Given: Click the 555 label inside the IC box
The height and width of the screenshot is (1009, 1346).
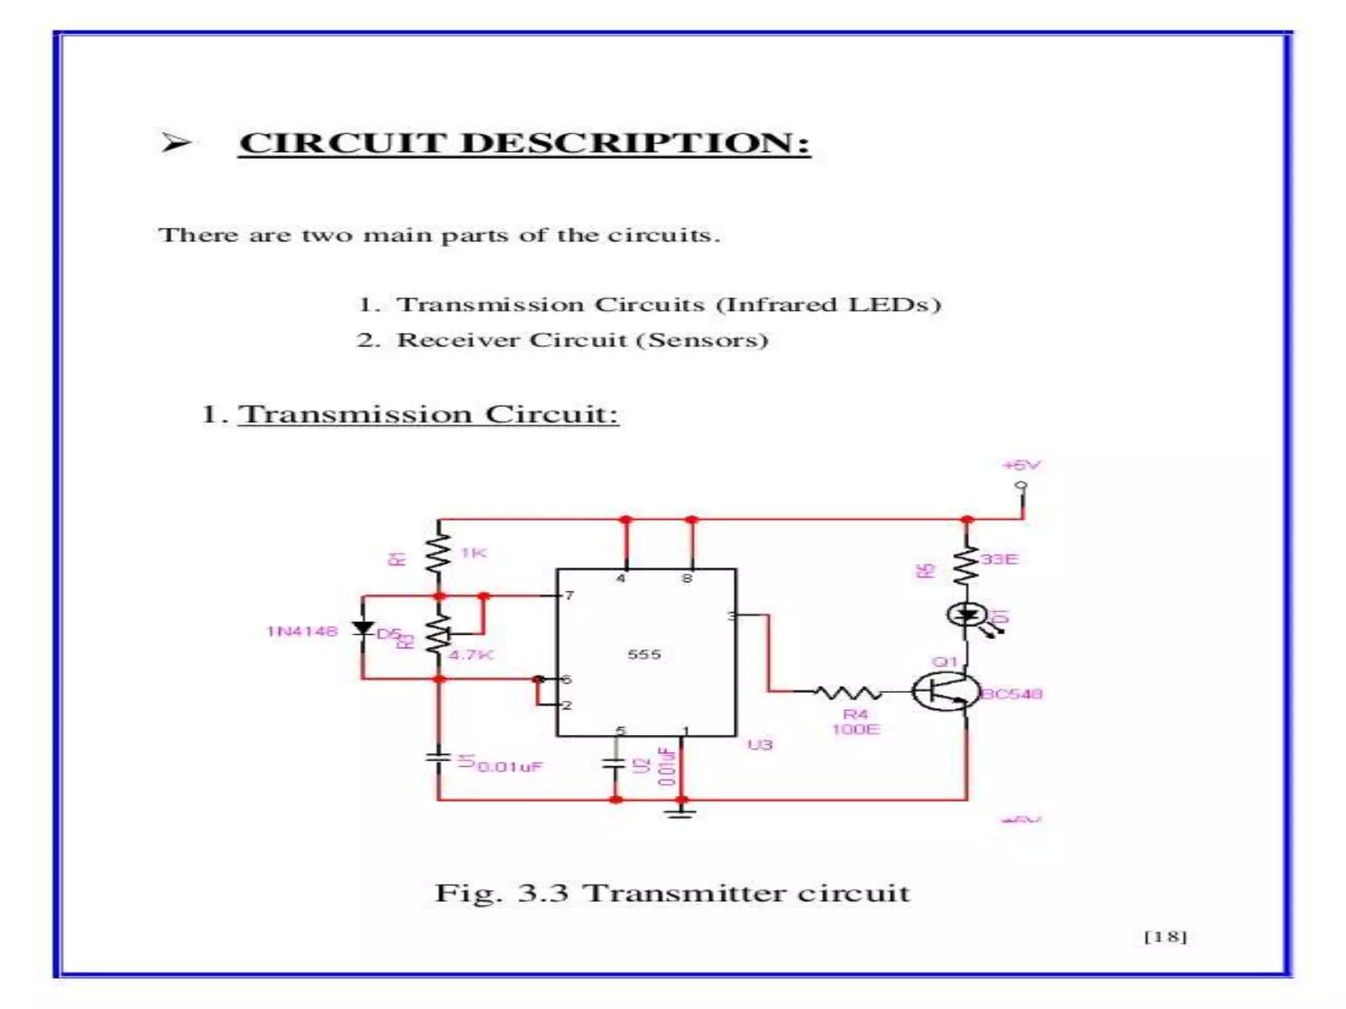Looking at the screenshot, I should coord(644,654).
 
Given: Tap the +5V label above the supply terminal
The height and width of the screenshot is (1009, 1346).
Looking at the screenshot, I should coord(1021,465).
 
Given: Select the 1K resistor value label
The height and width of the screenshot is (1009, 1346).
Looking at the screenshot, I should coord(474,552).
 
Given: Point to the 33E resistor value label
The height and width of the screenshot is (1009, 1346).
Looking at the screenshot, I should coord(999,559).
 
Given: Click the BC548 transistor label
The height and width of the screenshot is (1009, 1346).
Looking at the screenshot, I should coord(1011,694).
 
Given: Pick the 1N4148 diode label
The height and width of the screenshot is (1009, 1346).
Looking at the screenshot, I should coord(302,631).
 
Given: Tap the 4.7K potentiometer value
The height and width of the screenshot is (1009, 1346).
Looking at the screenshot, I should coord(471,655).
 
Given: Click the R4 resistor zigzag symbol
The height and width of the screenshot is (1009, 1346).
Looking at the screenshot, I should coord(847,692).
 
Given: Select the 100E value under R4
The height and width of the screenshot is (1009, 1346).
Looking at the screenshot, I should coord(855,729).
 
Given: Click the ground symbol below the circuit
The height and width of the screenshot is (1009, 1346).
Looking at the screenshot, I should coord(681,815).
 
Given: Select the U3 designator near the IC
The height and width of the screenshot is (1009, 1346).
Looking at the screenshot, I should coord(760,745).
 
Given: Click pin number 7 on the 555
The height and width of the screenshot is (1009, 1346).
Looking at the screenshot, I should coord(569,595).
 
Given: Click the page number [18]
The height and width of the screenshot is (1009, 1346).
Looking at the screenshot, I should coord(1165,937).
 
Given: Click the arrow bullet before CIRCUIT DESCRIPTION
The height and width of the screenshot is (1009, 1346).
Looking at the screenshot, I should coord(175,143).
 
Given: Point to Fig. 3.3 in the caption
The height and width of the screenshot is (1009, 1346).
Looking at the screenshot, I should coord(501,893).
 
